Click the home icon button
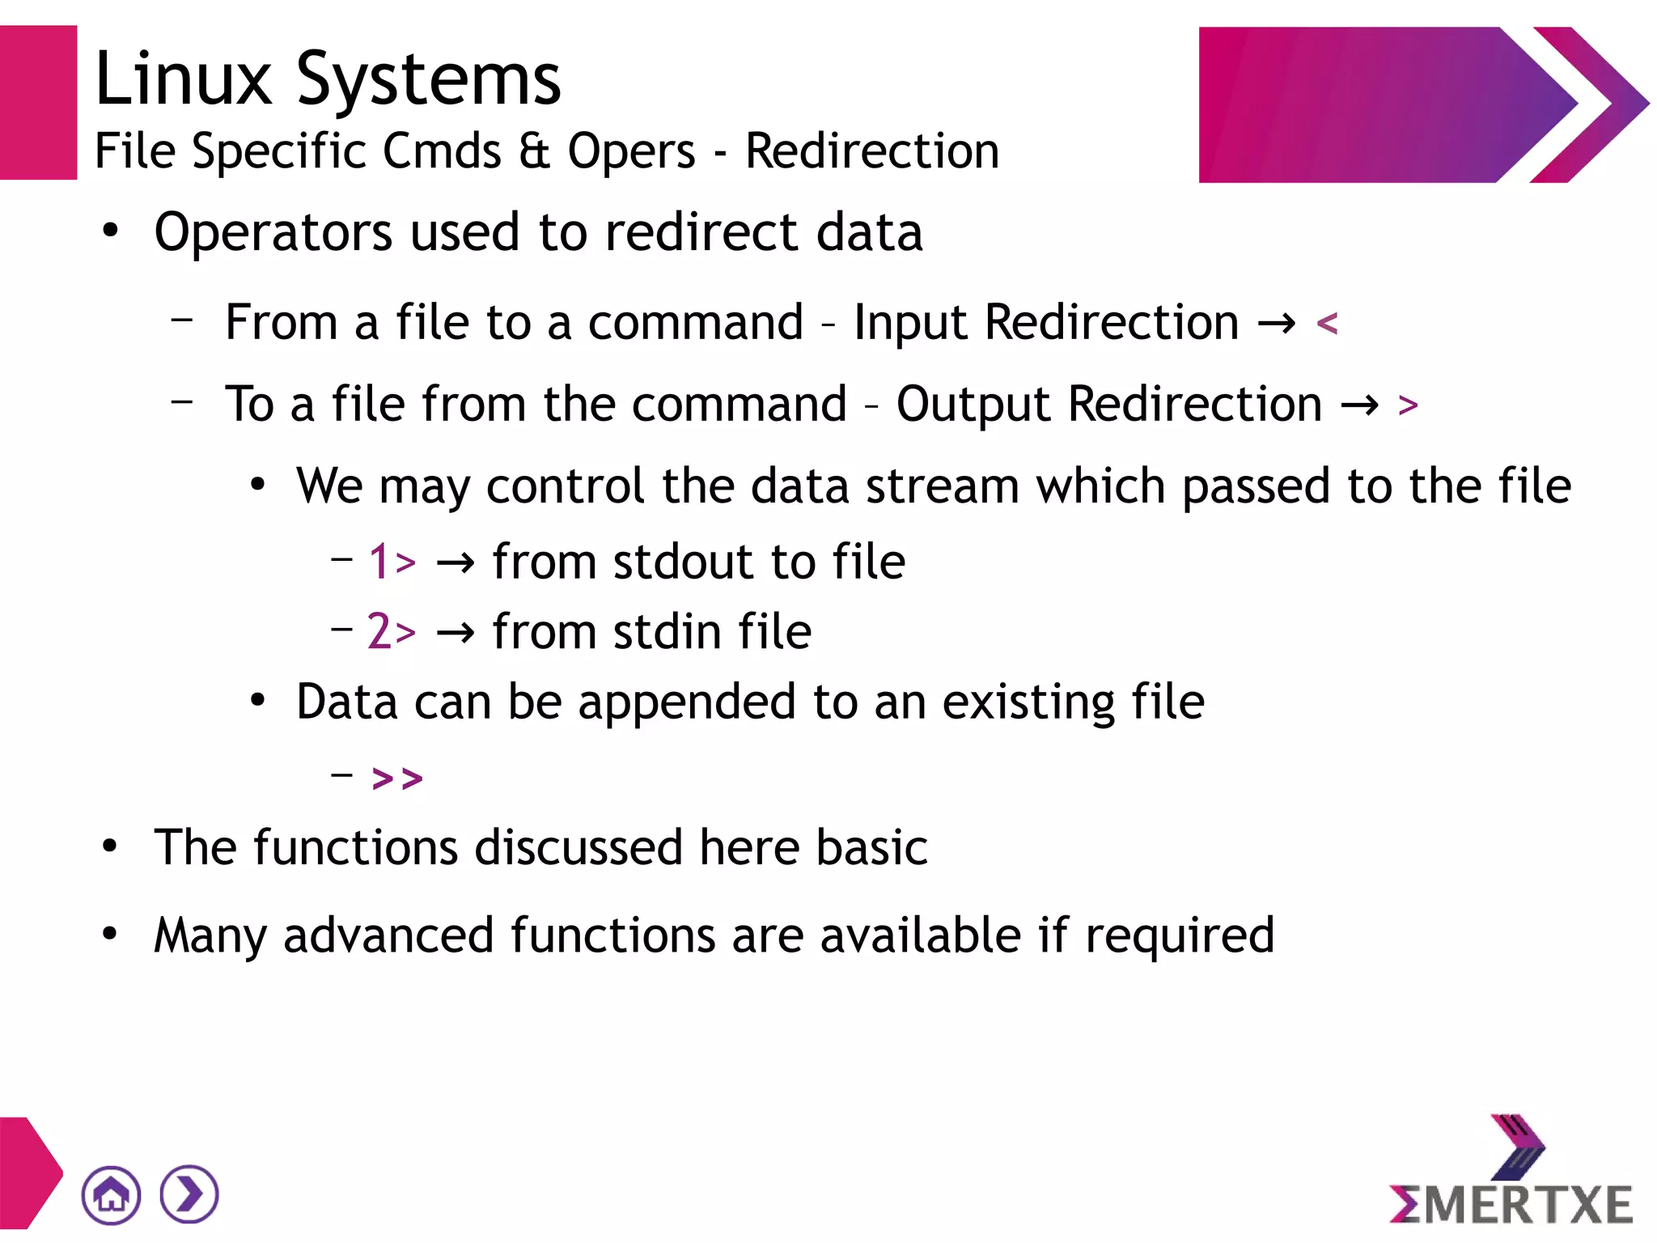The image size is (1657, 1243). (x=111, y=1194)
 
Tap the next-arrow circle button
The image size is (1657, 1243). (x=189, y=1194)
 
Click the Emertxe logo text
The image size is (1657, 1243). (x=1511, y=1204)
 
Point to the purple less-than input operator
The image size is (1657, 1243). (x=1327, y=324)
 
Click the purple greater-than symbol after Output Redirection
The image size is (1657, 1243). (x=1408, y=405)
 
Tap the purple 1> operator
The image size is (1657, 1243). (x=392, y=561)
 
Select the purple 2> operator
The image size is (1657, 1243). (x=392, y=631)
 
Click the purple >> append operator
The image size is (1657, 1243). (x=397, y=778)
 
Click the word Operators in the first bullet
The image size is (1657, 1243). (x=273, y=232)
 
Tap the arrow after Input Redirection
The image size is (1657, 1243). (x=1277, y=324)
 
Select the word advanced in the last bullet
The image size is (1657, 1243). (x=388, y=935)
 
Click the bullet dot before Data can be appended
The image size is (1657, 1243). (x=257, y=700)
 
